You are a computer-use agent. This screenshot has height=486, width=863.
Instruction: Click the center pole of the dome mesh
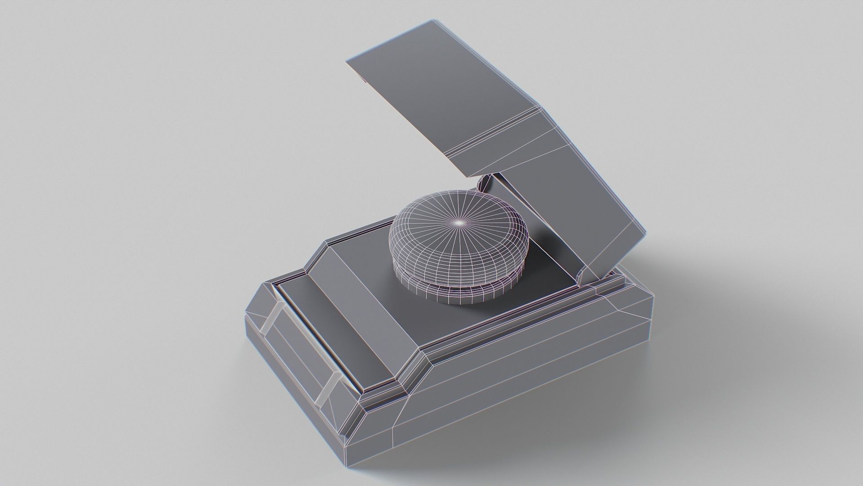(459, 222)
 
